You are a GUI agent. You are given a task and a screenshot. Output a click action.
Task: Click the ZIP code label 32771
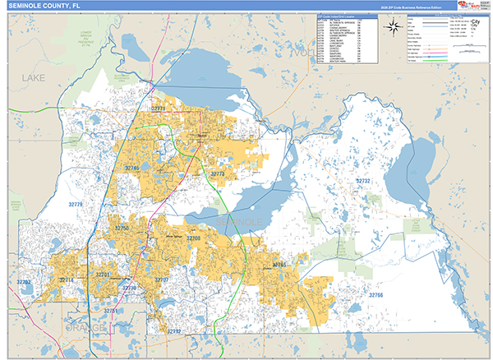click(x=159, y=108)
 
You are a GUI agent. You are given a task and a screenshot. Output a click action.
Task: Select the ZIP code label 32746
click(x=132, y=168)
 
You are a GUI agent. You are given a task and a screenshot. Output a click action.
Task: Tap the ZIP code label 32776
click(x=76, y=204)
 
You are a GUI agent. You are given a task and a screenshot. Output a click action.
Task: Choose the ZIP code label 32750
click(x=122, y=228)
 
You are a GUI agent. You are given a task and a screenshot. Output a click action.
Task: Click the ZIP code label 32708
click(x=193, y=238)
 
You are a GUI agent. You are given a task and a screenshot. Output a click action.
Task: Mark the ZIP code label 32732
click(x=362, y=180)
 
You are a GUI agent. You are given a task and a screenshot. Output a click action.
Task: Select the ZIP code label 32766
click(x=376, y=294)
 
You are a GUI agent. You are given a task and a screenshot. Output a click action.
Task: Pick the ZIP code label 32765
click(x=279, y=265)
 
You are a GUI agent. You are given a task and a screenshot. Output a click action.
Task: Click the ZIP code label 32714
click(x=66, y=280)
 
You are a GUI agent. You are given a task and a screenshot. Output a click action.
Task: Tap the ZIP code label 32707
click(x=161, y=280)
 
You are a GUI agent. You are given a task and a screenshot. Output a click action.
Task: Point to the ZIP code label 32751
click(x=111, y=312)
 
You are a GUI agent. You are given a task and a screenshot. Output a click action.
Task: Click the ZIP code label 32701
click(x=103, y=274)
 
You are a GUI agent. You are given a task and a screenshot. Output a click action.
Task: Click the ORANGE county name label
click(x=86, y=327)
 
